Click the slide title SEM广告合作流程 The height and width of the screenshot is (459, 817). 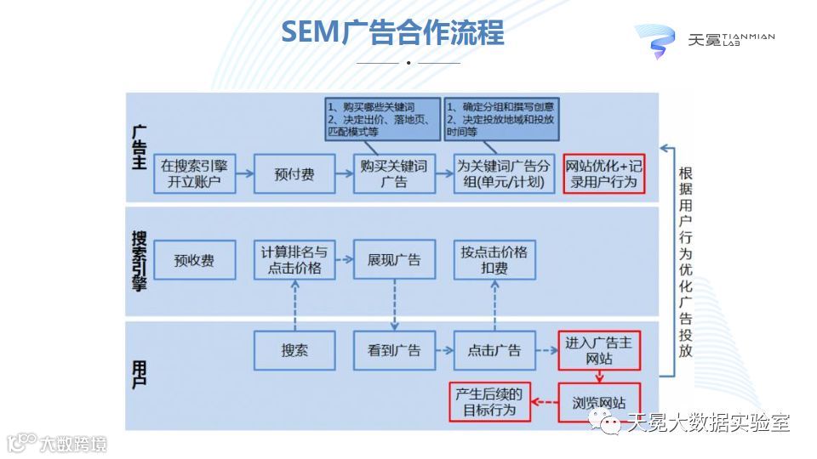point(392,33)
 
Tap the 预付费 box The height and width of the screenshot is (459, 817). point(294,174)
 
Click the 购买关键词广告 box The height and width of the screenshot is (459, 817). point(394,173)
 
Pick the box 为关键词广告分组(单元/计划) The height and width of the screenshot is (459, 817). point(494,173)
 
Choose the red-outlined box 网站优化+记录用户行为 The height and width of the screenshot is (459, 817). point(604,173)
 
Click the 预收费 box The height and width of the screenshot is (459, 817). point(194,260)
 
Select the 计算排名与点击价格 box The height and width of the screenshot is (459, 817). point(294,259)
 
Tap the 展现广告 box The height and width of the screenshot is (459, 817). point(394,260)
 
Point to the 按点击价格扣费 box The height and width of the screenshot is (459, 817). point(494,259)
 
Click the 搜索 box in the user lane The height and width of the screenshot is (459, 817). point(294,350)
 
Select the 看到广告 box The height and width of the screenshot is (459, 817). point(394,350)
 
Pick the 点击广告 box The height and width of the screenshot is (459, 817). point(494,350)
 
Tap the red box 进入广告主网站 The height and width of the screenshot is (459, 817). point(598,350)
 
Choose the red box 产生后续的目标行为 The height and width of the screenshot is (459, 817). point(490,401)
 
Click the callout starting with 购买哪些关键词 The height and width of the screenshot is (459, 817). point(383,119)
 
